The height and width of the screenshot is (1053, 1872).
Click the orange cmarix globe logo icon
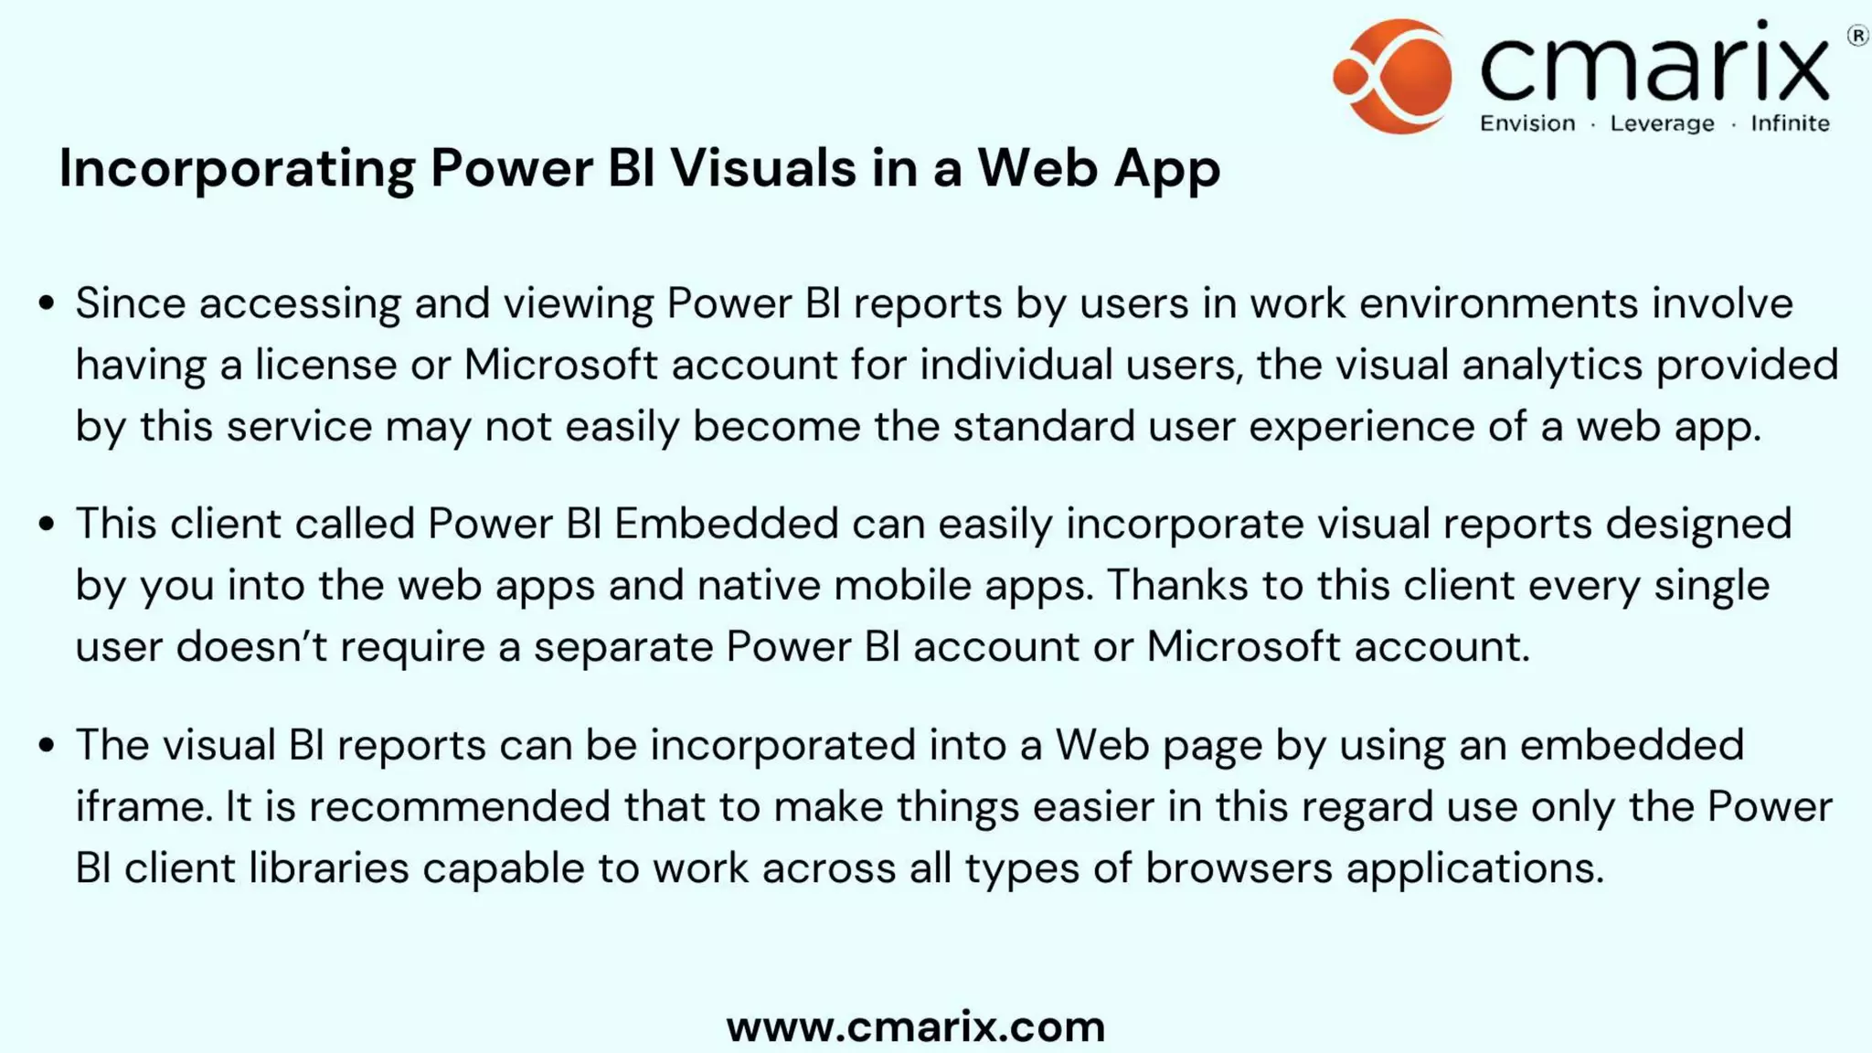click(x=1392, y=77)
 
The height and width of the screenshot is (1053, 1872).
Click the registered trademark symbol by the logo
click(x=1857, y=36)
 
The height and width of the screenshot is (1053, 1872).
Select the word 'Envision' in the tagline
click(x=1527, y=123)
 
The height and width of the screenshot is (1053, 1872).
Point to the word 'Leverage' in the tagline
click(x=1662, y=123)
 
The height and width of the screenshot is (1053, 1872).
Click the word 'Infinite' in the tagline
click(x=1790, y=123)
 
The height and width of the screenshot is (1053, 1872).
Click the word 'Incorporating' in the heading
click(x=237, y=169)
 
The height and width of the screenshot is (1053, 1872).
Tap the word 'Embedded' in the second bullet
click(x=726, y=524)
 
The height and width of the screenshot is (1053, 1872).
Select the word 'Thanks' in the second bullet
click(x=1177, y=585)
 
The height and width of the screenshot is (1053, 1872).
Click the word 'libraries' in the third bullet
click(x=328, y=867)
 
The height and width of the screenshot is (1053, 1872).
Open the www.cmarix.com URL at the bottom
click(x=916, y=1026)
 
